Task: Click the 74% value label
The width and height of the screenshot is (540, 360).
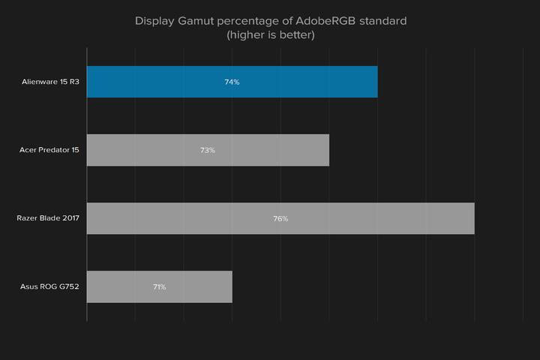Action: pyautogui.click(x=232, y=82)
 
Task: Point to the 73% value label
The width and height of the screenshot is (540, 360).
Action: pyautogui.click(x=208, y=150)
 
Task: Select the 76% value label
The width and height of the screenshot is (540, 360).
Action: pyautogui.click(x=280, y=219)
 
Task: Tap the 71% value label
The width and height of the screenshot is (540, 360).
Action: pyautogui.click(x=159, y=287)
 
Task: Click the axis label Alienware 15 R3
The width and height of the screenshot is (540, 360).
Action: pyautogui.click(x=50, y=82)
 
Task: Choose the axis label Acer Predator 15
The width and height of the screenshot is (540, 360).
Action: pyautogui.click(x=49, y=150)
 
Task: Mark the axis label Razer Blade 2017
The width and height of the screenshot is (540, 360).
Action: pyautogui.click(x=48, y=219)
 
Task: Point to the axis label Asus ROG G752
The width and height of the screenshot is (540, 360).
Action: pyautogui.click(x=50, y=287)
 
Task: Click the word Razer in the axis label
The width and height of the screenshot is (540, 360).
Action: pyautogui.click(x=28, y=219)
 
